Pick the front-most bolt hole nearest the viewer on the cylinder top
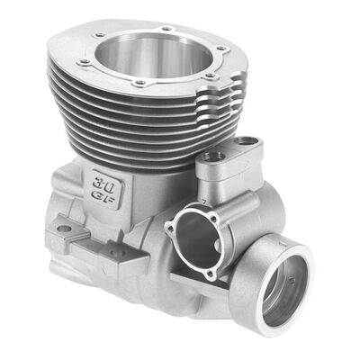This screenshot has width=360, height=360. tap(139, 83)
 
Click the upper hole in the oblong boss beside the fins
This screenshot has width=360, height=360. tap(244, 142)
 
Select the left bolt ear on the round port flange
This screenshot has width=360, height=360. tap(168, 229)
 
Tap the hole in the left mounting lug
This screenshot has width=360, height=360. tap(64, 229)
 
